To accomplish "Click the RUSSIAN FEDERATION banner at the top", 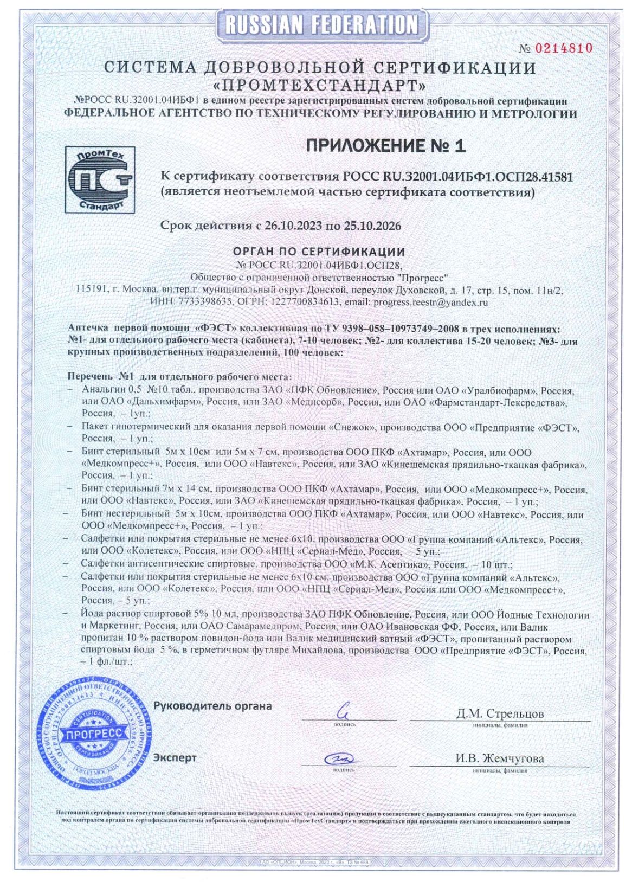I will click(x=321, y=24).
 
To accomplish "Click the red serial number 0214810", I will click(x=564, y=48).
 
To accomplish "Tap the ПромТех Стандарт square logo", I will click(x=100, y=179).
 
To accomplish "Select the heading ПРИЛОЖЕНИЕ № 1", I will click(x=385, y=145).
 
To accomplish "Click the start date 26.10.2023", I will click(x=293, y=226).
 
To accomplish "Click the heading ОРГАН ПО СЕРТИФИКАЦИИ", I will click(x=319, y=252).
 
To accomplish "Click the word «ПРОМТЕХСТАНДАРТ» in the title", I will click(x=320, y=86).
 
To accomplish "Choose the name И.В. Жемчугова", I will click(x=499, y=758).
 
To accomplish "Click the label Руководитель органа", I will click(x=212, y=706).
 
